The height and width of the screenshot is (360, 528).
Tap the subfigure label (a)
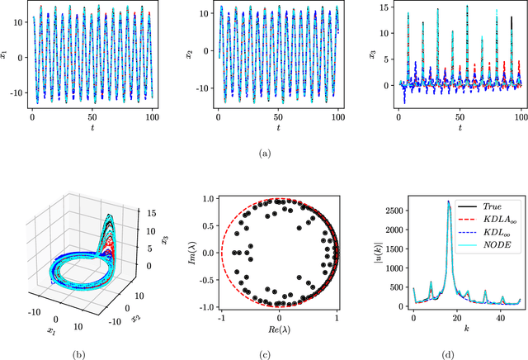pos(264,152)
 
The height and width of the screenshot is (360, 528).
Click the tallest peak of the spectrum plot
pos(448,201)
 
